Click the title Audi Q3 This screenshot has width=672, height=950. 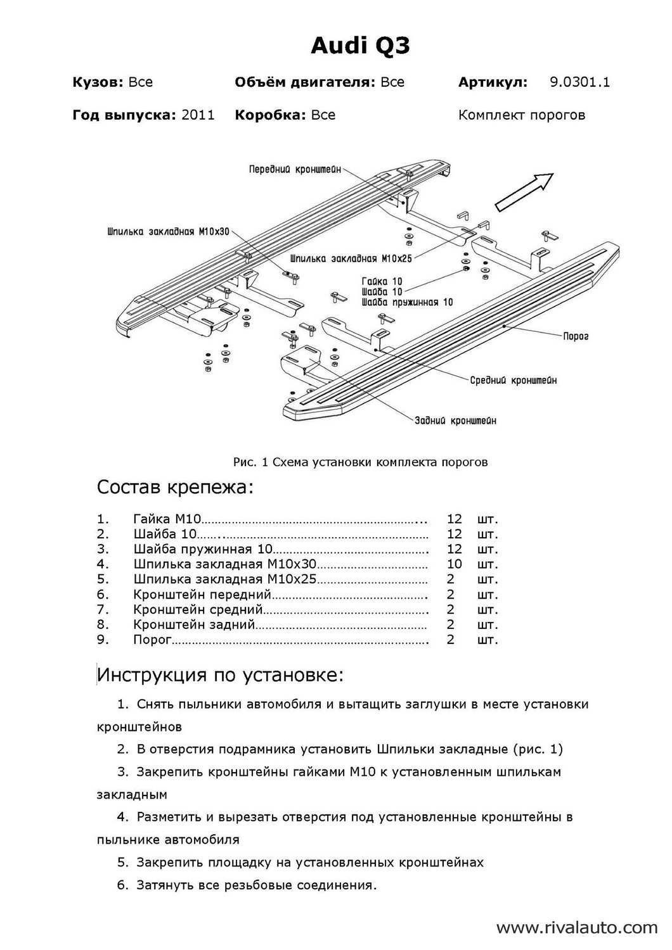360,46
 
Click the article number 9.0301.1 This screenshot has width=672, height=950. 579,82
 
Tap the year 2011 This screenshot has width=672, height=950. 198,115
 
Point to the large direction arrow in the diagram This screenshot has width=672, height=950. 524,191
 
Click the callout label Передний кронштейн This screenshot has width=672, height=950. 295,169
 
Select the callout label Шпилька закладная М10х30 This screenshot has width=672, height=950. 168,232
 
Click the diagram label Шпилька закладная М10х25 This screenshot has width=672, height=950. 351,258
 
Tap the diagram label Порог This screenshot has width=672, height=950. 576,336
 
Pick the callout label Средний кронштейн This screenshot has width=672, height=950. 514,380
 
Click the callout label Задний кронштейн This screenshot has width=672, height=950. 456,421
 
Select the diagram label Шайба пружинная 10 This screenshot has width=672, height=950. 407,302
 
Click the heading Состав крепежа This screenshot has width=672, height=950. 175,488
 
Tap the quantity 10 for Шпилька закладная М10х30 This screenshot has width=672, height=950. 455,564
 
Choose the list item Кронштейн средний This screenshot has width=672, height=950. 198,609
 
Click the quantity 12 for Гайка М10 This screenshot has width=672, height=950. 455,519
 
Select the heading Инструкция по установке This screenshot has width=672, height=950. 220,675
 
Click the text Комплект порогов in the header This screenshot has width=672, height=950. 521,115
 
